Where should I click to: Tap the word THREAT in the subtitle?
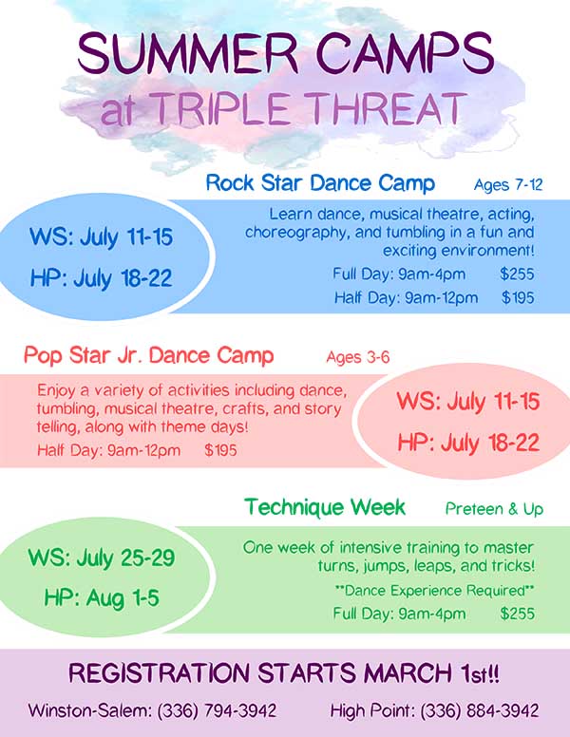click(x=388, y=109)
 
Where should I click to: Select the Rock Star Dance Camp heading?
click(x=320, y=183)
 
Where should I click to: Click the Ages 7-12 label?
click(x=508, y=184)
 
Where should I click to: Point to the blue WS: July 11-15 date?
click(x=101, y=236)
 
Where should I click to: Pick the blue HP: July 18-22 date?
click(x=101, y=278)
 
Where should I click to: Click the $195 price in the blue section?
click(x=518, y=297)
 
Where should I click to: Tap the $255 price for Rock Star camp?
click(x=517, y=274)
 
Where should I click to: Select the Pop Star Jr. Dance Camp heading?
click(x=148, y=356)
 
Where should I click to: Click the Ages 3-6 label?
click(x=358, y=358)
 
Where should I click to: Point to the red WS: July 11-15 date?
click(x=468, y=402)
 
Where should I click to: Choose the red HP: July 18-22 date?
click(x=468, y=444)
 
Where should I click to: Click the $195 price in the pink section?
click(x=220, y=450)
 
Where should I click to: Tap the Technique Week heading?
click(x=325, y=507)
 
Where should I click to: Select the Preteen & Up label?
click(x=494, y=509)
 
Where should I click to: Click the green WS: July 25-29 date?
click(x=101, y=558)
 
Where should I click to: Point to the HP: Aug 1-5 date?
click(x=102, y=598)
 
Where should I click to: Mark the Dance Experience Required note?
click(x=434, y=591)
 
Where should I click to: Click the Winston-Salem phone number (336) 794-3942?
click(x=217, y=710)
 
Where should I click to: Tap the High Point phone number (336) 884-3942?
click(x=479, y=710)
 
